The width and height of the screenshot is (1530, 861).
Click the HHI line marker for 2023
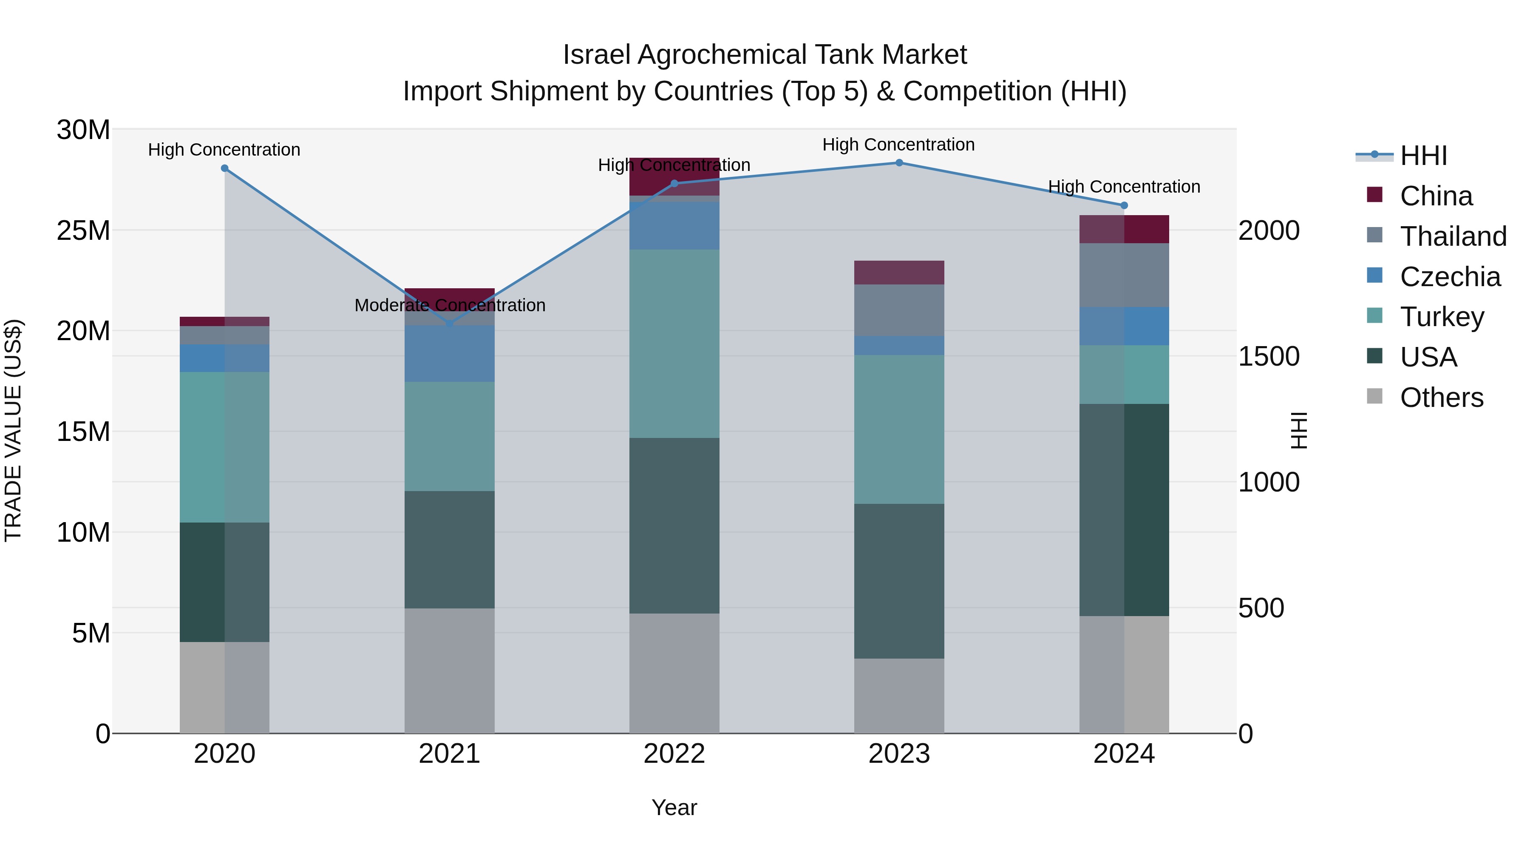pos(898,163)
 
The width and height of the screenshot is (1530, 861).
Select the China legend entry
pos(1436,196)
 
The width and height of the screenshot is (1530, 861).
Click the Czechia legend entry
pos(1449,277)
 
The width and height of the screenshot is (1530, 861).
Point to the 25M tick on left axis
pos(83,230)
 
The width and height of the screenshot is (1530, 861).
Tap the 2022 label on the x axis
pos(674,754)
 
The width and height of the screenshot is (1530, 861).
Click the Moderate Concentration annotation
pos(450,305)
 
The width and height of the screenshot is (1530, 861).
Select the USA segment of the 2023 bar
pos(898,581)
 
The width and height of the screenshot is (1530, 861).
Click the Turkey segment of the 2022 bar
pos(674,344)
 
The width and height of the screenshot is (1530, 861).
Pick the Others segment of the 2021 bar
pos(450,670)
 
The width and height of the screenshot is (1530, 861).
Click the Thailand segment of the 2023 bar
pos(898,310)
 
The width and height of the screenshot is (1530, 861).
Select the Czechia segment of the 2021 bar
pos(450,354)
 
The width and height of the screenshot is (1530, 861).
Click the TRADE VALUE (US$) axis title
pos(13,430)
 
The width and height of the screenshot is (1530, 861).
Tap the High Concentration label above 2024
pos(1124,187)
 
